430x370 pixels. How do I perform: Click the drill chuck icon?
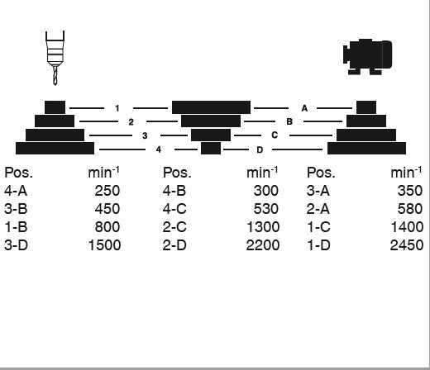(55, 58)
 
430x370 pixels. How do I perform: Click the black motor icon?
(367, 57)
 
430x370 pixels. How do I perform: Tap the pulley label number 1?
(117, 108)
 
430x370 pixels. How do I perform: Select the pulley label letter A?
(304, 108)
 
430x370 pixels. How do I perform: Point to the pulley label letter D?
(260, 149)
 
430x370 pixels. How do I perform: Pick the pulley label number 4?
(159, 149)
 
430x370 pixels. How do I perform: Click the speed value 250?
(107, 191)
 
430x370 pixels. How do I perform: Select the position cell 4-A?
(16, 191)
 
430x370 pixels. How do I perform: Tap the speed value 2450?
(407, 245)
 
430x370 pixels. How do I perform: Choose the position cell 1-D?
(318, 245)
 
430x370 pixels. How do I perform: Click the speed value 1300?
(263, 227)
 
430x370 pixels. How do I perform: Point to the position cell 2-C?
(174, 227)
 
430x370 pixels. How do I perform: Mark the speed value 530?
(265, 209)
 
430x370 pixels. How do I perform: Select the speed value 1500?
(104, 245)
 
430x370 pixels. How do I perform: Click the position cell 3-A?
(318, 191)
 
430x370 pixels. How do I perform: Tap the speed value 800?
(107, 227)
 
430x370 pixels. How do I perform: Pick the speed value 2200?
(263, 245)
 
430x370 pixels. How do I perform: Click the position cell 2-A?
(318, 209)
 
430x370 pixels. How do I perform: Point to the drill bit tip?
(55, 85)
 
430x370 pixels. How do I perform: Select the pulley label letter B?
(289, 121)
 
